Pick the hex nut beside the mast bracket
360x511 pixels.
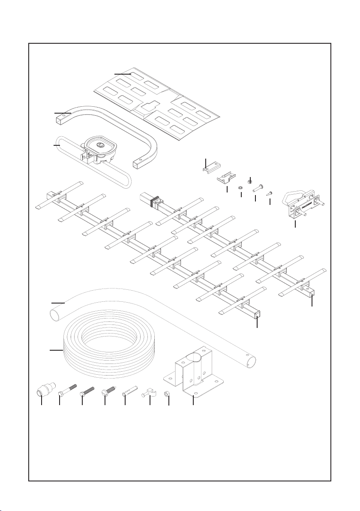(168, 393)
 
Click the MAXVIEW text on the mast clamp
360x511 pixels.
(308, 205)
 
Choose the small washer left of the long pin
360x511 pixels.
(241, 187)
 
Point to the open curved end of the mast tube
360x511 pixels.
(54, 316)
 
